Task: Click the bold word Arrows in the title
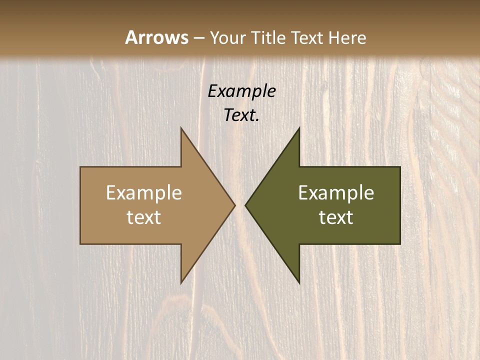[x=156, y=37]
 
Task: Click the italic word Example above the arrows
[x=241, y=91]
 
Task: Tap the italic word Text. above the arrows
[x=241, y=115]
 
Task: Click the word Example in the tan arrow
[x=144, y=193]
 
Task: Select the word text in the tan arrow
[x=144, y=217]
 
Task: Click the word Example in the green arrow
[x=336, y=193]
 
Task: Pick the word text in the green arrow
[x=336, y=217]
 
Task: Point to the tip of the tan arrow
[x=234, y=205]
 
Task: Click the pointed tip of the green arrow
[x=245, y=205]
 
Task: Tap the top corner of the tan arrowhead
[x=181, y=128]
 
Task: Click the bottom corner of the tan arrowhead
[x=181, y=283]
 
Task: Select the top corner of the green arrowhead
[x=299, y=128]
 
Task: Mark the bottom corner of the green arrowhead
[x=299, y=283]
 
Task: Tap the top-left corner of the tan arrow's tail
[x=80, y=167]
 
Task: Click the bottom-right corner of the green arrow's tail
[x=400, y=243]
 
